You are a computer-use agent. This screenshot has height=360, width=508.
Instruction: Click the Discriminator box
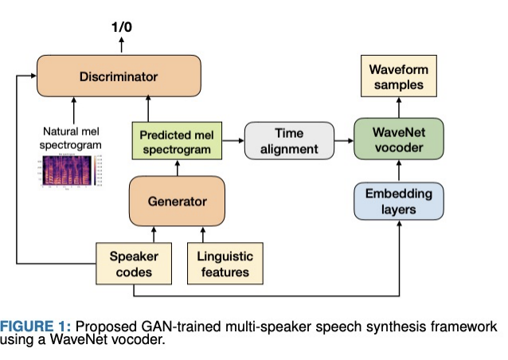119,76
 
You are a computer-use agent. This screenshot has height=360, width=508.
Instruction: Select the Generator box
177,201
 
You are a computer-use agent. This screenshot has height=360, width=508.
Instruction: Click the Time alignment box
289,141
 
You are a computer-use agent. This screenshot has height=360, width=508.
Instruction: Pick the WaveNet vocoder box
398,141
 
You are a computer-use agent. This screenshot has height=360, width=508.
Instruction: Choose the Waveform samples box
398,77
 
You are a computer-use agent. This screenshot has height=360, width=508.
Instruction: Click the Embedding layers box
398,201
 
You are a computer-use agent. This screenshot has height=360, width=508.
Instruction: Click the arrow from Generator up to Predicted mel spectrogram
177,169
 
